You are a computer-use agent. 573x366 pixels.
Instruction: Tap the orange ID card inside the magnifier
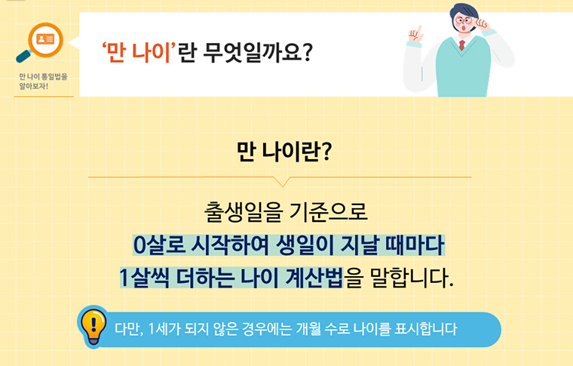(x=44, y=38)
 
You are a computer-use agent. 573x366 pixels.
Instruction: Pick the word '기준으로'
(x=332, y=211)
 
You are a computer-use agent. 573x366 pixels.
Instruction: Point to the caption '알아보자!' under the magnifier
(x=35, y=86)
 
